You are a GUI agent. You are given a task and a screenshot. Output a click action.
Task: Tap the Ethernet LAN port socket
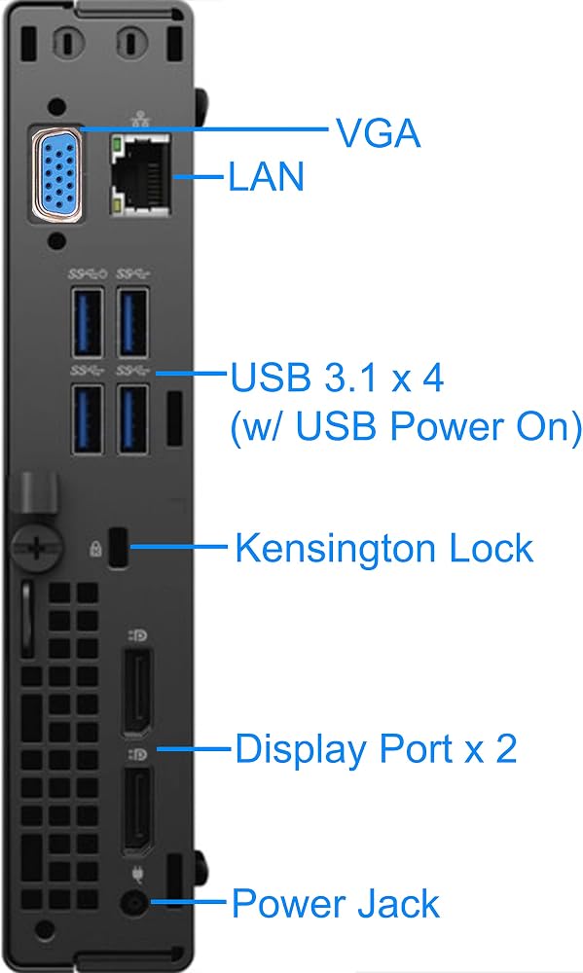click(140, 175)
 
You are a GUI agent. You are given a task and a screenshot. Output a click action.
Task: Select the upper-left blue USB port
click(87, 323)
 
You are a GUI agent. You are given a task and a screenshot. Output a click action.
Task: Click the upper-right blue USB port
click(133, 323)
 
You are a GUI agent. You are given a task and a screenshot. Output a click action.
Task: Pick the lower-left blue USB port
click(87, 418)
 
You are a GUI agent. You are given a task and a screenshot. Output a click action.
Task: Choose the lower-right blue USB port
click(133, 418)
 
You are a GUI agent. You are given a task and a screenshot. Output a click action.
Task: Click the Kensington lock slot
click(118, 547)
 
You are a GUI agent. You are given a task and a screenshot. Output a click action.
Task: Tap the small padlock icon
click(95, 548)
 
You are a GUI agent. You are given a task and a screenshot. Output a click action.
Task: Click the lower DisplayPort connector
click(136, 811)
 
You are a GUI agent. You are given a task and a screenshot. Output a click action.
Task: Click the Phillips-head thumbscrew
click(37, 547)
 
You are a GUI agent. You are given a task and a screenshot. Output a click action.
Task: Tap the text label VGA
click(378, 132)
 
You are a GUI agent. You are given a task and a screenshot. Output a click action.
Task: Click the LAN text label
click(267, 175)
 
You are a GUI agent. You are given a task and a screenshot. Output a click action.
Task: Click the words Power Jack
click(335, 904)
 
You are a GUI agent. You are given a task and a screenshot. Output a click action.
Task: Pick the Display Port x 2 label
click(376, 749)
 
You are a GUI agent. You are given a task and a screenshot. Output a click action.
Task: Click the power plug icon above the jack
click(137, 874)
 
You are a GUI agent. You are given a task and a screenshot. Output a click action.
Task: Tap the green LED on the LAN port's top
click(116, 147)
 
